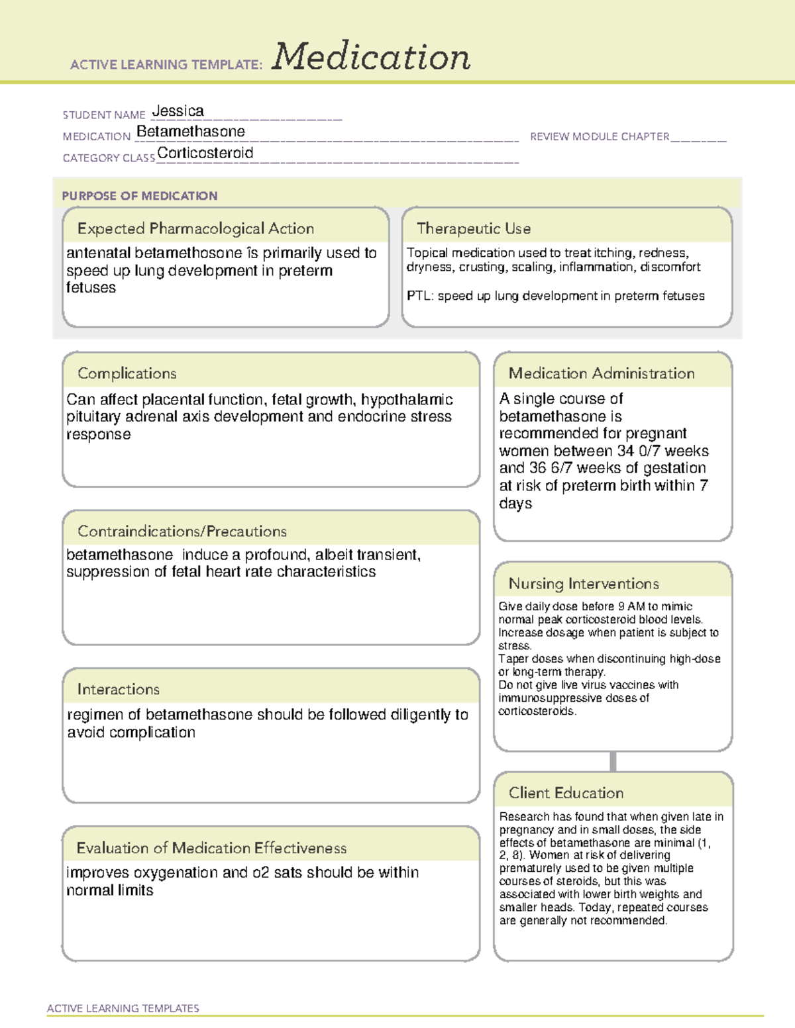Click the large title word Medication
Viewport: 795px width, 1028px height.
click(x=370, y=57)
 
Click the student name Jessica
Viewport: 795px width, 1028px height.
click(x=178, y=111)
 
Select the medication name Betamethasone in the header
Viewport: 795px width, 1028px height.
click(x=191, y=132)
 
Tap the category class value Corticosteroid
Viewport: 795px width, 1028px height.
click(x=205, y=153)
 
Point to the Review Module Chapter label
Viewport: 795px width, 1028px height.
click(x=599, y=136)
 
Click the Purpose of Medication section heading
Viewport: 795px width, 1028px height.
click(x=140, y=196)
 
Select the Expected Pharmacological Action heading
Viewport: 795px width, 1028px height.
click(x=195, y=228)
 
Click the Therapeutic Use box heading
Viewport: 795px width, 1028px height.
click(x=474, y=228)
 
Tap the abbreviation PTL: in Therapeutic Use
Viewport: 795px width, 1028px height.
click(x=419, y=296)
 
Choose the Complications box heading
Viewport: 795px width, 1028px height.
click(x=127, y=373)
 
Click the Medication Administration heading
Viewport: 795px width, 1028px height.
click(x=602, y=373)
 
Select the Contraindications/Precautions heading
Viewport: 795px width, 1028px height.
click(x=182, y=531)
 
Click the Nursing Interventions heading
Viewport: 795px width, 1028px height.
click(x=584, y=583)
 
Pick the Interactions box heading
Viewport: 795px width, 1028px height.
click(x=119, y=689)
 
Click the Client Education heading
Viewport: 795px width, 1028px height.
click(x=566, y=792)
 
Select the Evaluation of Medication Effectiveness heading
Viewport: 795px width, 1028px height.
click(x=211, y=848)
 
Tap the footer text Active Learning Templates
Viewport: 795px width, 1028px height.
click(x=123, y=1008)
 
